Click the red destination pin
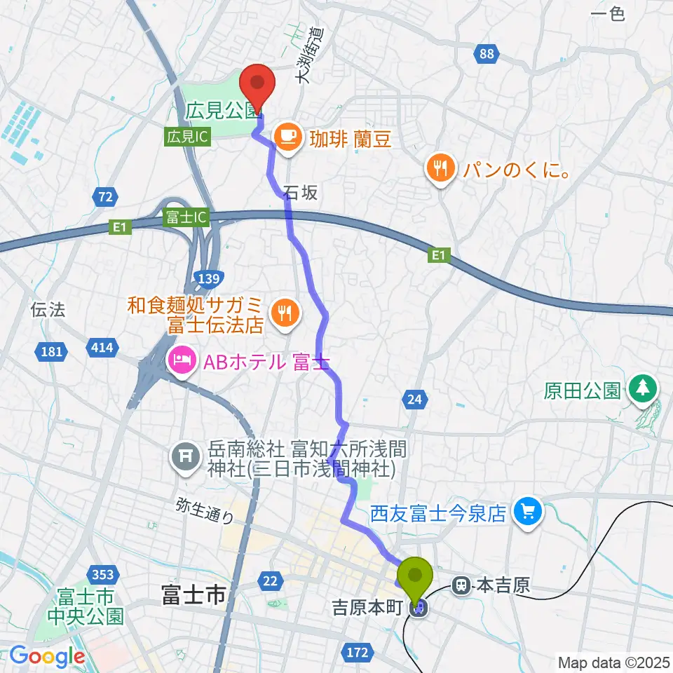click(x=257, y=83)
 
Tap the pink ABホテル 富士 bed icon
click(x=180, y=362)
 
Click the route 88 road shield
click(x=487, y=54)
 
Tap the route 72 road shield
click(x=105, y=198)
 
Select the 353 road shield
click(x=103, y=575)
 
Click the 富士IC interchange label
click(x=186, y=217)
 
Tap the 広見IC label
click(x=187, y=137)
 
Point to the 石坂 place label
click(x=301, y=194)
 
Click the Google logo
click(x=47, y=656)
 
